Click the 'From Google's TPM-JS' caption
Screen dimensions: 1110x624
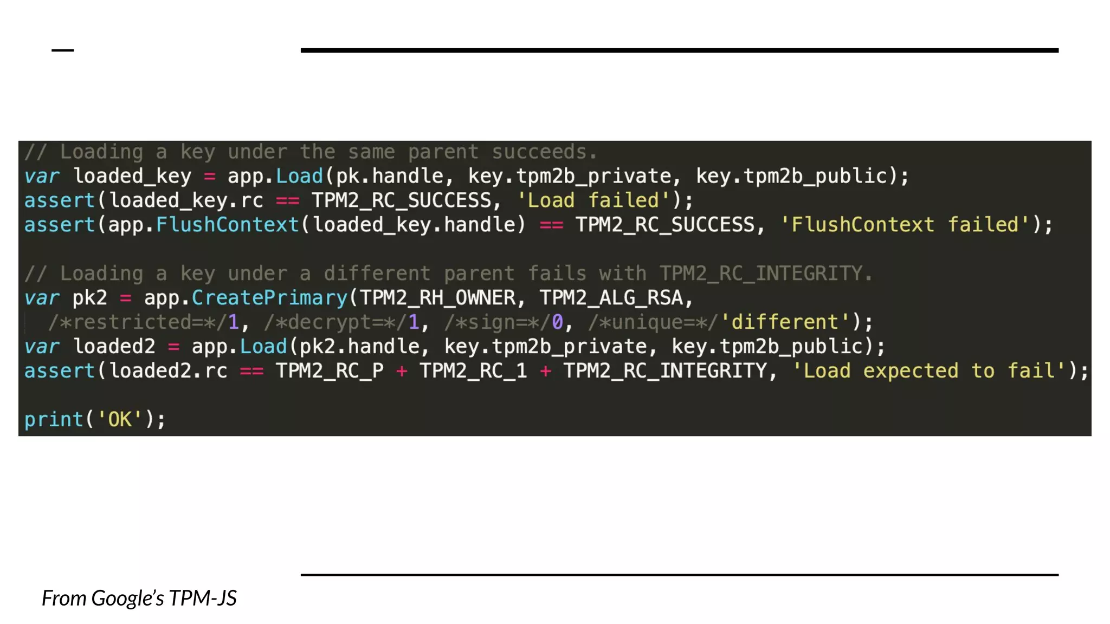(x=139, y=598)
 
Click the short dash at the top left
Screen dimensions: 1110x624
(x=62, y=50)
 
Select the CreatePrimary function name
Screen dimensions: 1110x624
(x=269, y=298)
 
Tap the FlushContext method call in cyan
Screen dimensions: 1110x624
(x=228, y=225)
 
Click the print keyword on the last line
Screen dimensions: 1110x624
(x=54, y=419)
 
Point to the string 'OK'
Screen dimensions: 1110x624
(x=120, y=419)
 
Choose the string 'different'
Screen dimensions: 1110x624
(x=785, y=322)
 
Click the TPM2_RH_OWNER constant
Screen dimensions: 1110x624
(x=437, y=298)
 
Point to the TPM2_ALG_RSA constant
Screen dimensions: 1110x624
(x=611, y=298)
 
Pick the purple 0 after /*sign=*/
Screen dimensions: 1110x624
(x=557, y=322)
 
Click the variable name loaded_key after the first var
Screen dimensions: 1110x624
(x=132, y=176)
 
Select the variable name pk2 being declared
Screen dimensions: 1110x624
(x=90, y=298)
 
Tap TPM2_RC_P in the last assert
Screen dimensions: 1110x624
(x=330, y=371)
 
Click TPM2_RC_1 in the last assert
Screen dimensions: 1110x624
(x=473, y=371)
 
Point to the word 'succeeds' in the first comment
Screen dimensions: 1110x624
(x=539, y=152)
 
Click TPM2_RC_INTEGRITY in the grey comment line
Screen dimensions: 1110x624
(x=760, y=274)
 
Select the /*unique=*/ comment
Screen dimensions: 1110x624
(x=653, y=322)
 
